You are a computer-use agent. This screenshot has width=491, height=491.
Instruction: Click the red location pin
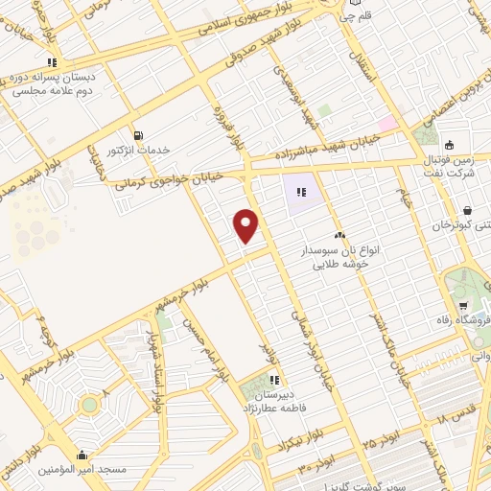coord(246,224)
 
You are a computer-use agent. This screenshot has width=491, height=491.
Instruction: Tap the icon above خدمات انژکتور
coord(141,135)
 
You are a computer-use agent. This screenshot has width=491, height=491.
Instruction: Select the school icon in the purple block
coord(302,191)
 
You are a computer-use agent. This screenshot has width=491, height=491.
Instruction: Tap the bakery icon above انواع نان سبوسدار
coord(339,234)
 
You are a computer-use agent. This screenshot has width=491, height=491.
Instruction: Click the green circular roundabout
coord(89,405)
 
